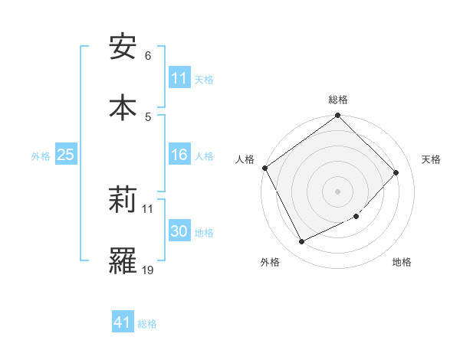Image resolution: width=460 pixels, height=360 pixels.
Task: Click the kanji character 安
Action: click(x=123, y=47)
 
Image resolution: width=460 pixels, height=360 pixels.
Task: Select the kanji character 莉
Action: click(x=123, y=201)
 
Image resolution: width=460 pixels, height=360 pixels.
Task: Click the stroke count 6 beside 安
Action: click(x=148, y=56)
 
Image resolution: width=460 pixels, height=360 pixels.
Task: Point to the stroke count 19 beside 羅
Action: click(x=148, y=270)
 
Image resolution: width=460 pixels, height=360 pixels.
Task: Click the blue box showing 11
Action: click(x=179, y=78)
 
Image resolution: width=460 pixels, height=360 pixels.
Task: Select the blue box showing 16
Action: click(x=179, y=155)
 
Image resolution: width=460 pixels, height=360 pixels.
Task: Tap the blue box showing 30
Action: click(x=179, y=232)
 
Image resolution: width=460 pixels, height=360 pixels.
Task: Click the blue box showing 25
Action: click(x=66, y=155)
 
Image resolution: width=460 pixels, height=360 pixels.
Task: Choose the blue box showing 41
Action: click(x=123, y=323)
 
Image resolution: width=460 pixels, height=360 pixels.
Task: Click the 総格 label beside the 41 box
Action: click(x=147, y=324)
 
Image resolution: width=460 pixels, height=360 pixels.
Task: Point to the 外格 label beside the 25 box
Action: click(x=41, y=156)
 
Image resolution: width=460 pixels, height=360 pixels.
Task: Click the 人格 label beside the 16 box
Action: click(x=204, y=156)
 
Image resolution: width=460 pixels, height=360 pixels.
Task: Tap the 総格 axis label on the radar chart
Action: click(x=338, y=100)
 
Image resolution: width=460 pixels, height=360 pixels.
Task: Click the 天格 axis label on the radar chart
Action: click(x=432, y=159)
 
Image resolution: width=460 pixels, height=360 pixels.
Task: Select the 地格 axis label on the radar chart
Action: click(x=402, y=263)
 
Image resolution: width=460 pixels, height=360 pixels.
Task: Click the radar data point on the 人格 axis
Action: click(x=265, y=168)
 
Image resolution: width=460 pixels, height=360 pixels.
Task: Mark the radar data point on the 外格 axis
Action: click(x=301, y=242)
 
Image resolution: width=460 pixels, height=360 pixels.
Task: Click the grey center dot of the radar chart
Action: click(x=338, y=191)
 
